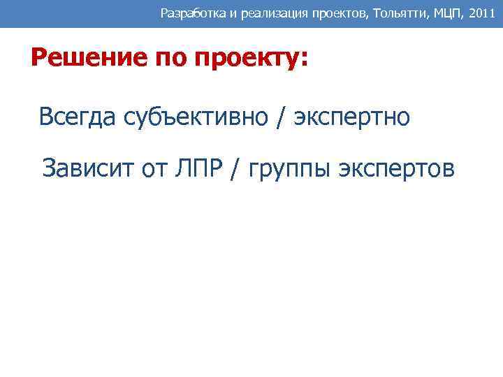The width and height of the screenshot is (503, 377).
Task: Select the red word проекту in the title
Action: click(245, 59)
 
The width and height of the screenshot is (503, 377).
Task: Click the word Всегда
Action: click(78, 117)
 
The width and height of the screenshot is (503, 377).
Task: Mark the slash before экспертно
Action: click(280, 117)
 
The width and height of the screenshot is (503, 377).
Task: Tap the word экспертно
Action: click(351, 117)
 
